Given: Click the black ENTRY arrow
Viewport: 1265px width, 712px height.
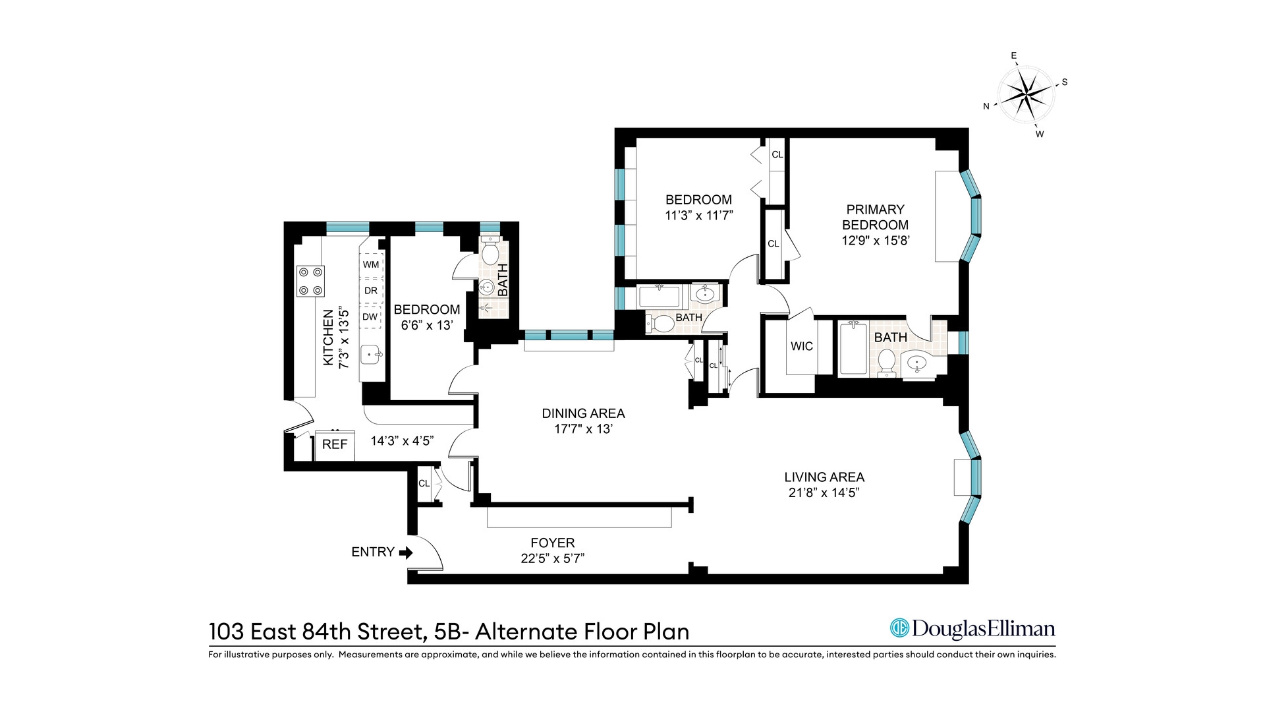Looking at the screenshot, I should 406,552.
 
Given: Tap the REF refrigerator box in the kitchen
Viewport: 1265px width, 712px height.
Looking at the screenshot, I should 335,445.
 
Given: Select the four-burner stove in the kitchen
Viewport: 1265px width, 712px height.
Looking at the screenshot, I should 310,281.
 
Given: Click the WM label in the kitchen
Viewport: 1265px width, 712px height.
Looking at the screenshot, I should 371,264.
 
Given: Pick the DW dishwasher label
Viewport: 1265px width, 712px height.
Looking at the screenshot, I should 370,316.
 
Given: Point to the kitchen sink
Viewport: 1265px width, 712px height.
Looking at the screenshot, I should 372,355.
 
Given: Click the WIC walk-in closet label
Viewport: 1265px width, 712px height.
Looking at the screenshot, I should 801,346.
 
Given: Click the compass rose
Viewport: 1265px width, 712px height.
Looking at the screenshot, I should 1025,95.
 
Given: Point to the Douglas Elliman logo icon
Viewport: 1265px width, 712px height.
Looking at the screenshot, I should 899,628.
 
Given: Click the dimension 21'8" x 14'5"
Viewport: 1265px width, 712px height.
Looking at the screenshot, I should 824,492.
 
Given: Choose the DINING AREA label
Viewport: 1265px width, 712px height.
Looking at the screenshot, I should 583,413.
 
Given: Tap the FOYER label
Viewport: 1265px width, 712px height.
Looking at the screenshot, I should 552,543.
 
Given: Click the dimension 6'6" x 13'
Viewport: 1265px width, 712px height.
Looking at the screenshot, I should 426,325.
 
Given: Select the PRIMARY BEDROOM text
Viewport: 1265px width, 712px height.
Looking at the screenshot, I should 875,217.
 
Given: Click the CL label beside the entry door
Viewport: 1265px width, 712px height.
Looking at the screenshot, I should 424,483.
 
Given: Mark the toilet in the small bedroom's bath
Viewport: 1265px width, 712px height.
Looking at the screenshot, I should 490,253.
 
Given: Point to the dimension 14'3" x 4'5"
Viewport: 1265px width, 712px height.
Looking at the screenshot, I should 402,440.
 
